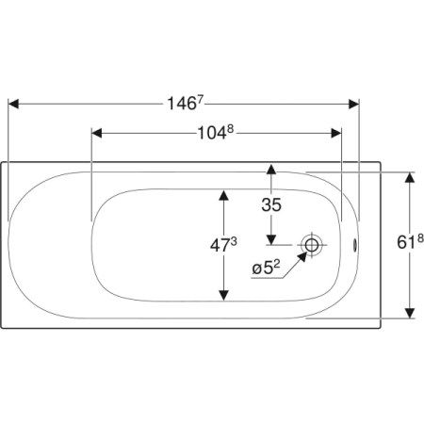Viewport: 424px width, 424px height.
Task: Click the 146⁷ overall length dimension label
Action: (x=186, y=103)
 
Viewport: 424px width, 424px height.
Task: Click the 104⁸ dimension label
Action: (x=216, y=133)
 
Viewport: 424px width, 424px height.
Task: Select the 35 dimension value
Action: (x=271, y=204)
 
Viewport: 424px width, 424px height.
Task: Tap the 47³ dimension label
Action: (x=223, y=245)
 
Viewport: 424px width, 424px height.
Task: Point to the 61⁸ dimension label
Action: (x=410, y=242)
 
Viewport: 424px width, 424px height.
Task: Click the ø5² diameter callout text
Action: (x=266, y=268)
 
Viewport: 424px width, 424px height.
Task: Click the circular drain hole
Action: (x=312, y=245)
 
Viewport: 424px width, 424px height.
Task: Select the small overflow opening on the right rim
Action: (x=355, y=245)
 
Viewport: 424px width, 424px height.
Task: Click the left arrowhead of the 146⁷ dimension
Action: (x=13, y=104)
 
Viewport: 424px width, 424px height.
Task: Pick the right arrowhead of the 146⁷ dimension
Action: (x=353, y=104)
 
